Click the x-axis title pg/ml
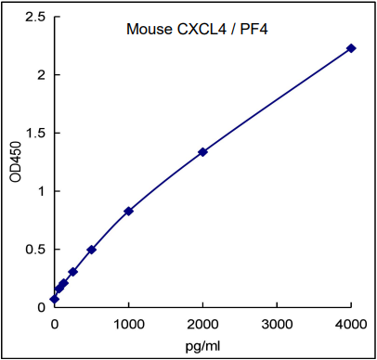202,345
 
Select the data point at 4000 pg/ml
351,48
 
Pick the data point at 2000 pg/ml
202,152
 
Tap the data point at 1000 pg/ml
128,212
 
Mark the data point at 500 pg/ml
92,250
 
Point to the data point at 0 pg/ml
55,299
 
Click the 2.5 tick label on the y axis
35,17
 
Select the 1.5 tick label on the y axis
35,133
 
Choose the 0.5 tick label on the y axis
35,249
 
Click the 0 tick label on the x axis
55,324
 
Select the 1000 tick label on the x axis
128,324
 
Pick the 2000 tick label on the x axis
202,324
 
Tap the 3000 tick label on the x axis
277,324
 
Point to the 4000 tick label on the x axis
350,324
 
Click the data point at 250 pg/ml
73,272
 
